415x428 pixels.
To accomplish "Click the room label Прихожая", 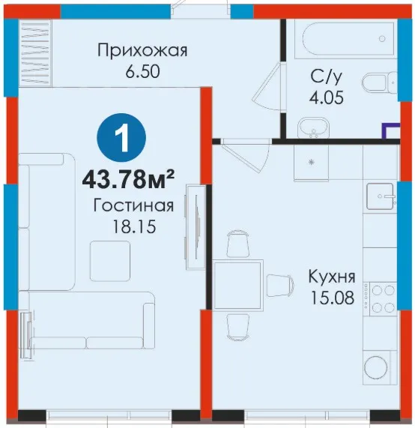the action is (142, 51).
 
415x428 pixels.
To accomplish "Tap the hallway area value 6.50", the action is (142, 72).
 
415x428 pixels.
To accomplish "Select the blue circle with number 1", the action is (121, 138).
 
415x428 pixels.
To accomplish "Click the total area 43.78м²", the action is (128, 179).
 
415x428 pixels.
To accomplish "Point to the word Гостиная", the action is (133, 206).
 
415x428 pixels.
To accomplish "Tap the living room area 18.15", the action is (134, 226).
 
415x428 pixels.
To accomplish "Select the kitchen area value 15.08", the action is (333, 298).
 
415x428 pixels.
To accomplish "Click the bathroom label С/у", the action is (326, 77).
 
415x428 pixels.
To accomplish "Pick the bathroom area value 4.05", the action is (327, 97).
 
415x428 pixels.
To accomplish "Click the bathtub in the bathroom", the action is (345, 40).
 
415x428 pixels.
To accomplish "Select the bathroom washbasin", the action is (313, 127).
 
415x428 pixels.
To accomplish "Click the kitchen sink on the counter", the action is (381, 196).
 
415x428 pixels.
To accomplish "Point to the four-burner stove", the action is (380, 299).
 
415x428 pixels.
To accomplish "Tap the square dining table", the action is (238, 286).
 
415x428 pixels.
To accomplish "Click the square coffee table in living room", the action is (110, 261).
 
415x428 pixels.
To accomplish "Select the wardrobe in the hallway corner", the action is (36, 52).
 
